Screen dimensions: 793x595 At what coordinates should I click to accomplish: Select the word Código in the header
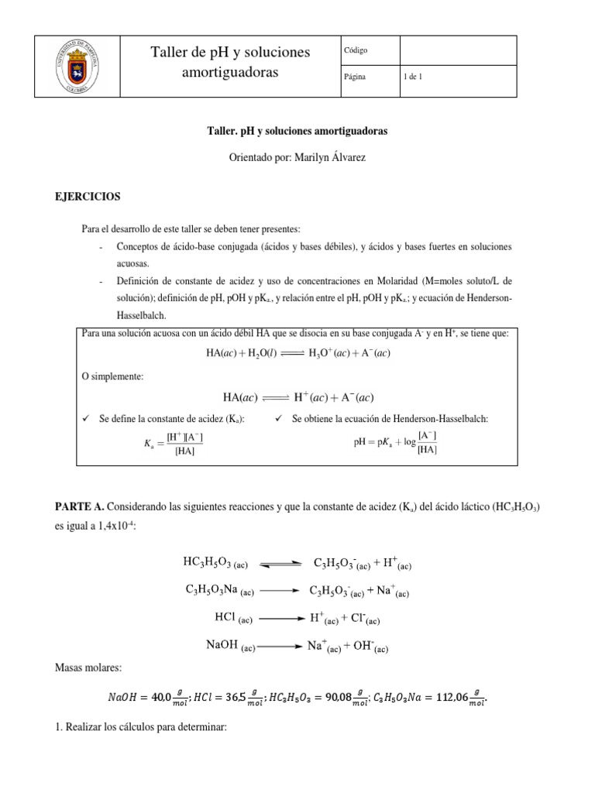pyautogui.click(x=358, y=51)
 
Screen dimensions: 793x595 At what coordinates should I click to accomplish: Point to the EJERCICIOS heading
pyautogui.click(x=84, y=197)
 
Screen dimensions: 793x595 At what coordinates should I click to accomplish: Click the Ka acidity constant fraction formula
pyautogui.click(x=172, y=444)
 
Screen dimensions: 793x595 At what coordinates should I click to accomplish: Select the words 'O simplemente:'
pyautogui.click(x=113, y=376)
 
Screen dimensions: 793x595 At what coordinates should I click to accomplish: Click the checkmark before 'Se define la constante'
pyautogui.click(x=87, y=419)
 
